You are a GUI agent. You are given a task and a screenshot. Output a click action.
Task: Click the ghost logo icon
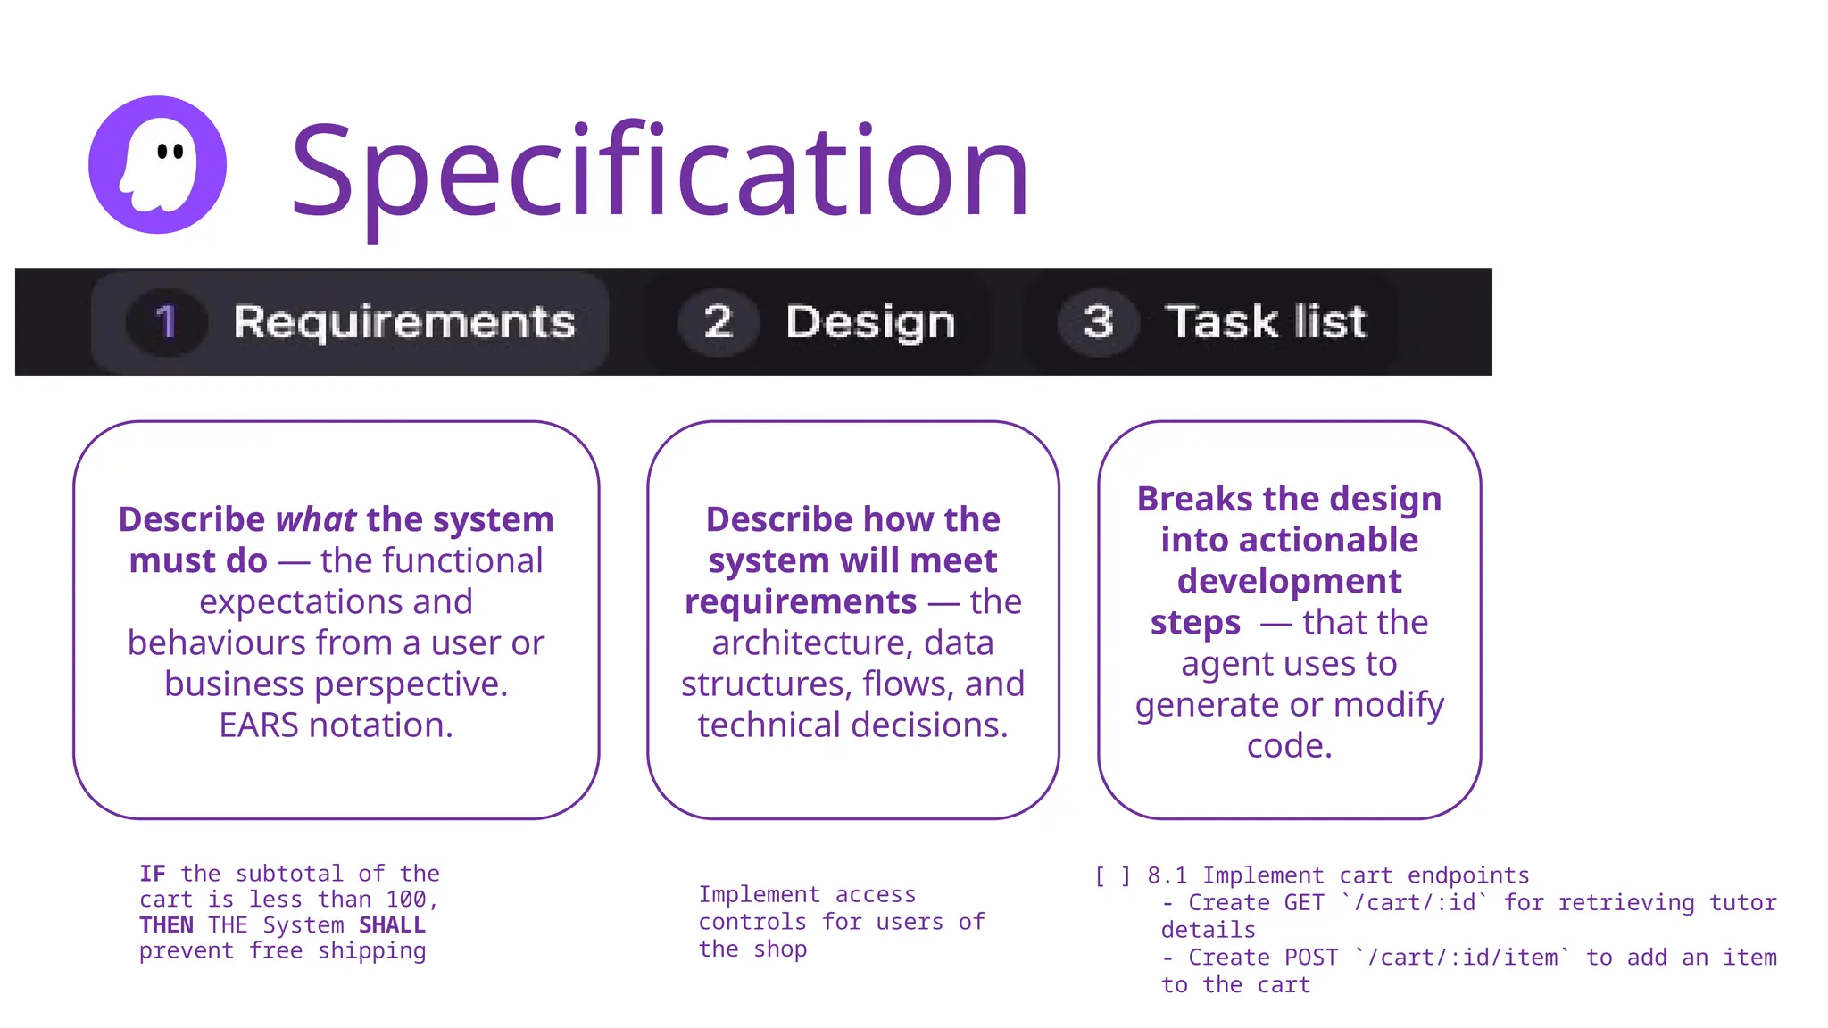157,165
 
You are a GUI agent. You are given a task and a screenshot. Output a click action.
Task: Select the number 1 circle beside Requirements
166,322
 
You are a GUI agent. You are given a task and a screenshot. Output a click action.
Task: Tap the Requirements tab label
404,322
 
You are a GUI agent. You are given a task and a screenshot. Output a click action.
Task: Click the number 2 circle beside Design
718,322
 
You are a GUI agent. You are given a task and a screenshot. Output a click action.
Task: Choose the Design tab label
870,322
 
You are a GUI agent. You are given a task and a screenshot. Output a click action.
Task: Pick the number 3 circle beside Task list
1098,322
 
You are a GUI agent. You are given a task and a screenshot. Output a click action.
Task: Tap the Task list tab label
1266,322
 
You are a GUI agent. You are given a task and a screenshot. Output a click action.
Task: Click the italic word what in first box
316,519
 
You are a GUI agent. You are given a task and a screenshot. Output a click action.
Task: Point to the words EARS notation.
336,725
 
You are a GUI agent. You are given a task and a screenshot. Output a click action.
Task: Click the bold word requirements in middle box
801,601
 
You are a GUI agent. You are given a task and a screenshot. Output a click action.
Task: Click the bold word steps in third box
1195,622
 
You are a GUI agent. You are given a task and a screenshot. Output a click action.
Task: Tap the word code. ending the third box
1289,745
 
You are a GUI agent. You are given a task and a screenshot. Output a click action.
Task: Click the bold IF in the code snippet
152,874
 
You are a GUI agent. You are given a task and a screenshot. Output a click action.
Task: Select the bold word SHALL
392,925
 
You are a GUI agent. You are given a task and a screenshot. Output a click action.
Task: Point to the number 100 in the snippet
406,899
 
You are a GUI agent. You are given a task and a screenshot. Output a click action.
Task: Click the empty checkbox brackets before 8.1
1112,875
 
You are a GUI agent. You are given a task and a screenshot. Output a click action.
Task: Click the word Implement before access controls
759,894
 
